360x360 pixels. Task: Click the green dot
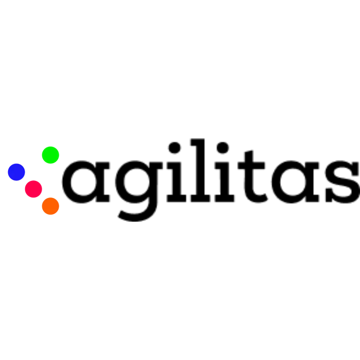click(x=50, y=155)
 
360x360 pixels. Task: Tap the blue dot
click(x=16, y=172)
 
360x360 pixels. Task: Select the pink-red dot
click(x=33, y=189)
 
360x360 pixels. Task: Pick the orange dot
click(x=50, y=206)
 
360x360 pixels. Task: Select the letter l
click(x=200, y=170)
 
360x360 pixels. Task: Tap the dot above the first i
click(x=175, y=148)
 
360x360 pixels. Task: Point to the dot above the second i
click(x=223, y=148)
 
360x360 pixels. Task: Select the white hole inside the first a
click(x=83, y=182)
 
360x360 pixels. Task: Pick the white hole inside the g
click(x=137, y=182)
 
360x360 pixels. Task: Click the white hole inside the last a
click(x=293, y=182)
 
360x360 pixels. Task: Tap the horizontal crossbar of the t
click(x=251, y=166)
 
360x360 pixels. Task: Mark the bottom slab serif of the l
click(x=200, y=198)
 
